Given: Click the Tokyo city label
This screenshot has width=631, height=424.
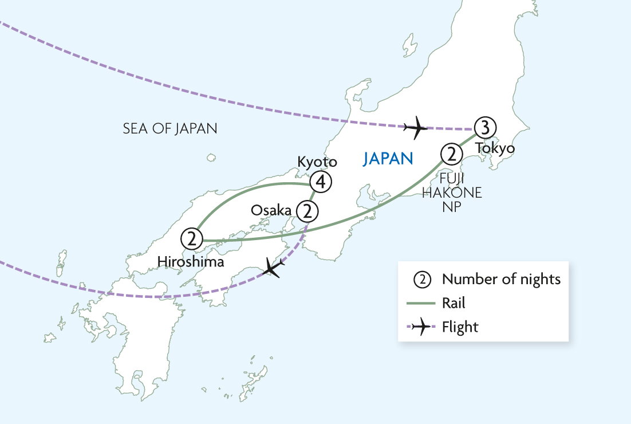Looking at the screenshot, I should click(x=495, y=148).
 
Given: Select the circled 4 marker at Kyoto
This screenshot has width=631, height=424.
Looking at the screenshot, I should click(x=320, y=182).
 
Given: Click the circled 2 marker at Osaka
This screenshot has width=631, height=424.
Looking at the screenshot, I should click(x=307, y=211).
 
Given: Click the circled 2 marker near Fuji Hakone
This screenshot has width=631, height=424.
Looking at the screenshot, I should click(x=451, y=154).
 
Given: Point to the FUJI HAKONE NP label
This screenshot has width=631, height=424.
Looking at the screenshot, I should click(x=452, y=193).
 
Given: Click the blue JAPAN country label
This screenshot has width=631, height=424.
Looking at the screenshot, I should click(x=388, y=159).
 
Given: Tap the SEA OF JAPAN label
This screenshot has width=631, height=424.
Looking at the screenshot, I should click(x=170, y=128).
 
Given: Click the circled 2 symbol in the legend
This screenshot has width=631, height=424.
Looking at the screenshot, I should click(x=421, y=280).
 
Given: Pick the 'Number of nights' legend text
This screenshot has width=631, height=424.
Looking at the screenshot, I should click(x=501, y=280).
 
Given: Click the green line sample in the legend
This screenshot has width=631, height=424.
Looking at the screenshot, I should click(x=421, y=304).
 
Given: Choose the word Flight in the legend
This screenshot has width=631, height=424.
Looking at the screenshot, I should click(x=460, y=328).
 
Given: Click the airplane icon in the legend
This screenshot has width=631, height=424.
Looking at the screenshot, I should click(x=421, y=328).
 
